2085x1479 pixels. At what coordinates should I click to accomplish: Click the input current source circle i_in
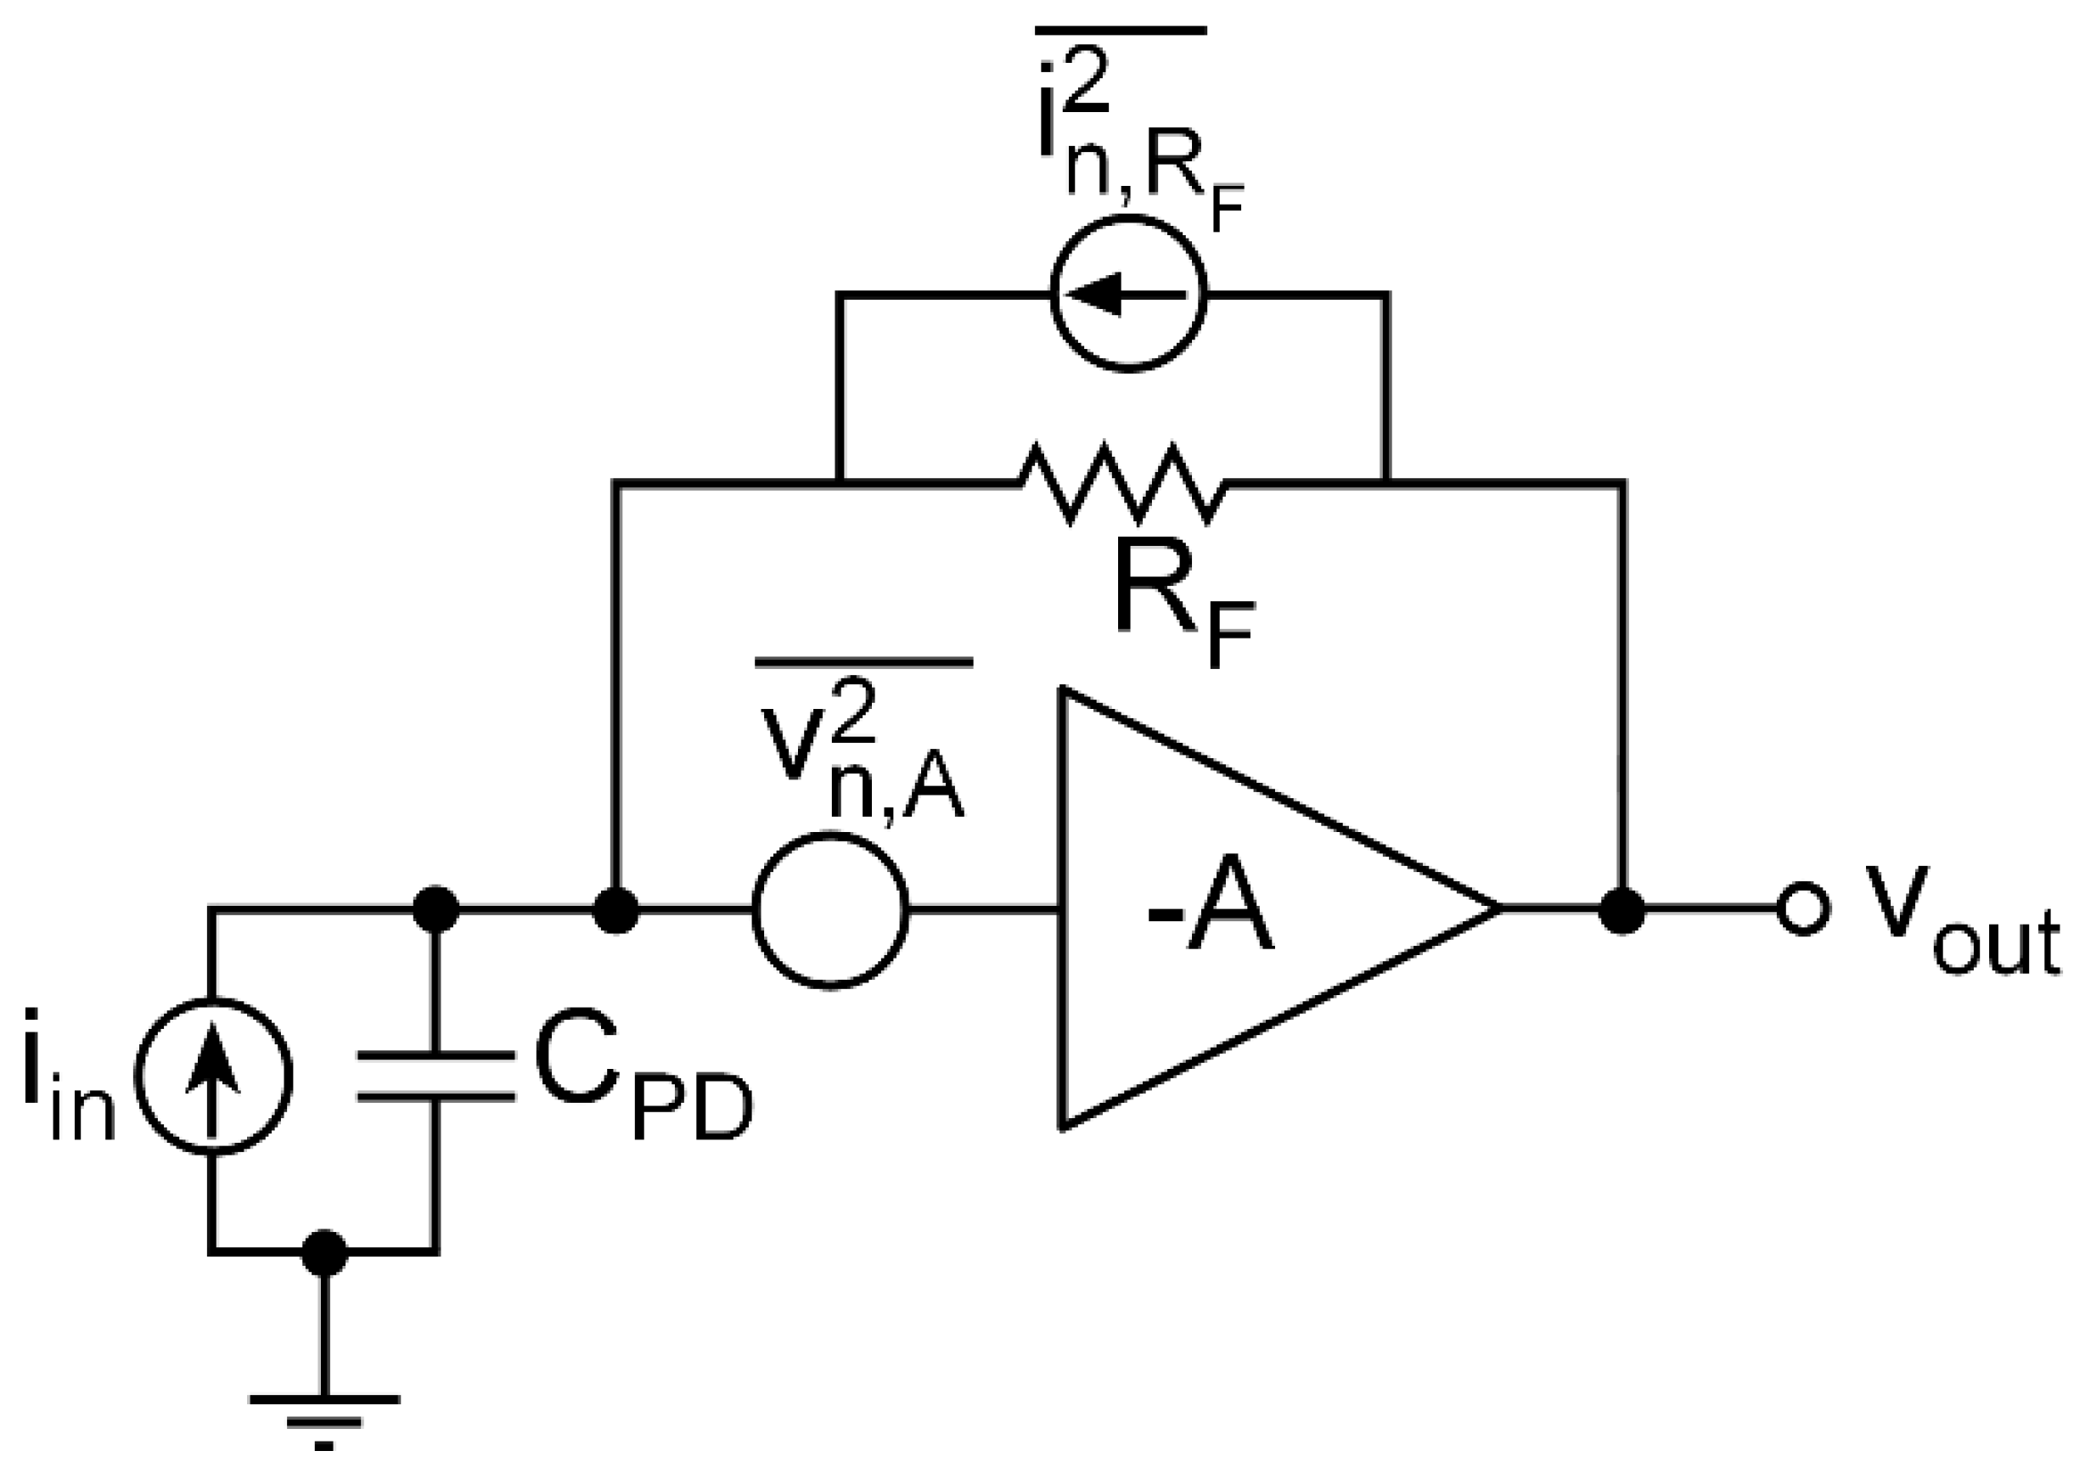tap(215, 1076)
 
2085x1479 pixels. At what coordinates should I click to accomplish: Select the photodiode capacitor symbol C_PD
tap(436, 1076)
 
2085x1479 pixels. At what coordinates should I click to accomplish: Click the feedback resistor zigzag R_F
tap(1121, 484)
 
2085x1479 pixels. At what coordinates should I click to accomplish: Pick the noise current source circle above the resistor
tap(1128, 293)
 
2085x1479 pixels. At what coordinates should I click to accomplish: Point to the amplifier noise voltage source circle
tap(830, 909)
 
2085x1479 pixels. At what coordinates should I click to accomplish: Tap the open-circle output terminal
tap(1803, 909)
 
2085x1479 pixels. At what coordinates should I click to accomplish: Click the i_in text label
tap(68, 1076)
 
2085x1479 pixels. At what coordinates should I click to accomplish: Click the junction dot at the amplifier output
tap(1621, 909)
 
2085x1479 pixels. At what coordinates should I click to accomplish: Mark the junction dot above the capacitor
tap(436, 909)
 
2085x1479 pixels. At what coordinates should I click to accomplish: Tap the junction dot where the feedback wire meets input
tap(615, 909)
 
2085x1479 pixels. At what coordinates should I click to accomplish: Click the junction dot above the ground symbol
tap(324, 1252)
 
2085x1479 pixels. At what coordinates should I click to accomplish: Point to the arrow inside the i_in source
tap(213, 1070)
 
